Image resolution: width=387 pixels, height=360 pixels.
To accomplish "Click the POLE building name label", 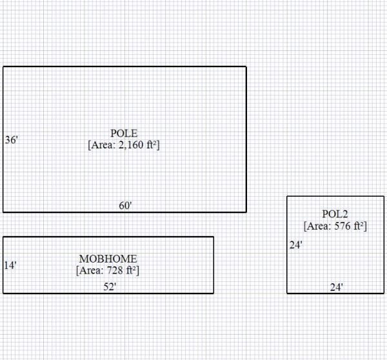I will (123, 134).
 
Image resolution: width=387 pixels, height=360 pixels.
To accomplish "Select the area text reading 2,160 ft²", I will (123, 145).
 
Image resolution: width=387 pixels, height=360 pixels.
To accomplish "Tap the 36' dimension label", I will (11, 140).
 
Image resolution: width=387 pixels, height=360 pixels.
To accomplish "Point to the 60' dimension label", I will (125, 206).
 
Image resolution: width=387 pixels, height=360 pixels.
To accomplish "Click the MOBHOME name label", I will (108, 259).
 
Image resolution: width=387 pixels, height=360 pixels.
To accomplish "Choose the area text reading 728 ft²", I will (108, 270).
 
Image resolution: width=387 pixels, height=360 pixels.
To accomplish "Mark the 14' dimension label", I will (10, 265).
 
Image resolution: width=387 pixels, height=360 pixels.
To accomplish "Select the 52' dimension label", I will (110, 286).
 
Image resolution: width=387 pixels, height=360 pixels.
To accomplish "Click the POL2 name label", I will (335, 214).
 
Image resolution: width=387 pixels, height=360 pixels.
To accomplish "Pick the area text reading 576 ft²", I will (335, 226).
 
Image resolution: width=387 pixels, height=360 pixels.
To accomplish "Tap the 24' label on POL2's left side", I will (295, 245).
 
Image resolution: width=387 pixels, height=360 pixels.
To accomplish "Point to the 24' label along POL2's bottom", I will (336, 287).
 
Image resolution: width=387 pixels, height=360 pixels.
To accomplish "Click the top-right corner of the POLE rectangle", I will (246, 66).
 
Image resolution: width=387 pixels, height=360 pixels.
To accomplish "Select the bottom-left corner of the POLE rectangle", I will (3, 212).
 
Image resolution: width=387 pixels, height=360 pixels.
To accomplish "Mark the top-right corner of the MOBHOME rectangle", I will (213, 237).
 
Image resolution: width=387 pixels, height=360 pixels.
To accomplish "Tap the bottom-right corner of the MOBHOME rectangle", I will (213, 293).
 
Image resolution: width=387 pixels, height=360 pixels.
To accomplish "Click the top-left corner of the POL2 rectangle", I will (287, 196).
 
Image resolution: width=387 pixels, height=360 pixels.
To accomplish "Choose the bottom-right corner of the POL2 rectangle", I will (384, 293).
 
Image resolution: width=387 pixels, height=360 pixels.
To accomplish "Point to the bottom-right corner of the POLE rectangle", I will (246, 212).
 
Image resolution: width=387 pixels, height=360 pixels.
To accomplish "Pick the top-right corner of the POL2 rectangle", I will (384, 196).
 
